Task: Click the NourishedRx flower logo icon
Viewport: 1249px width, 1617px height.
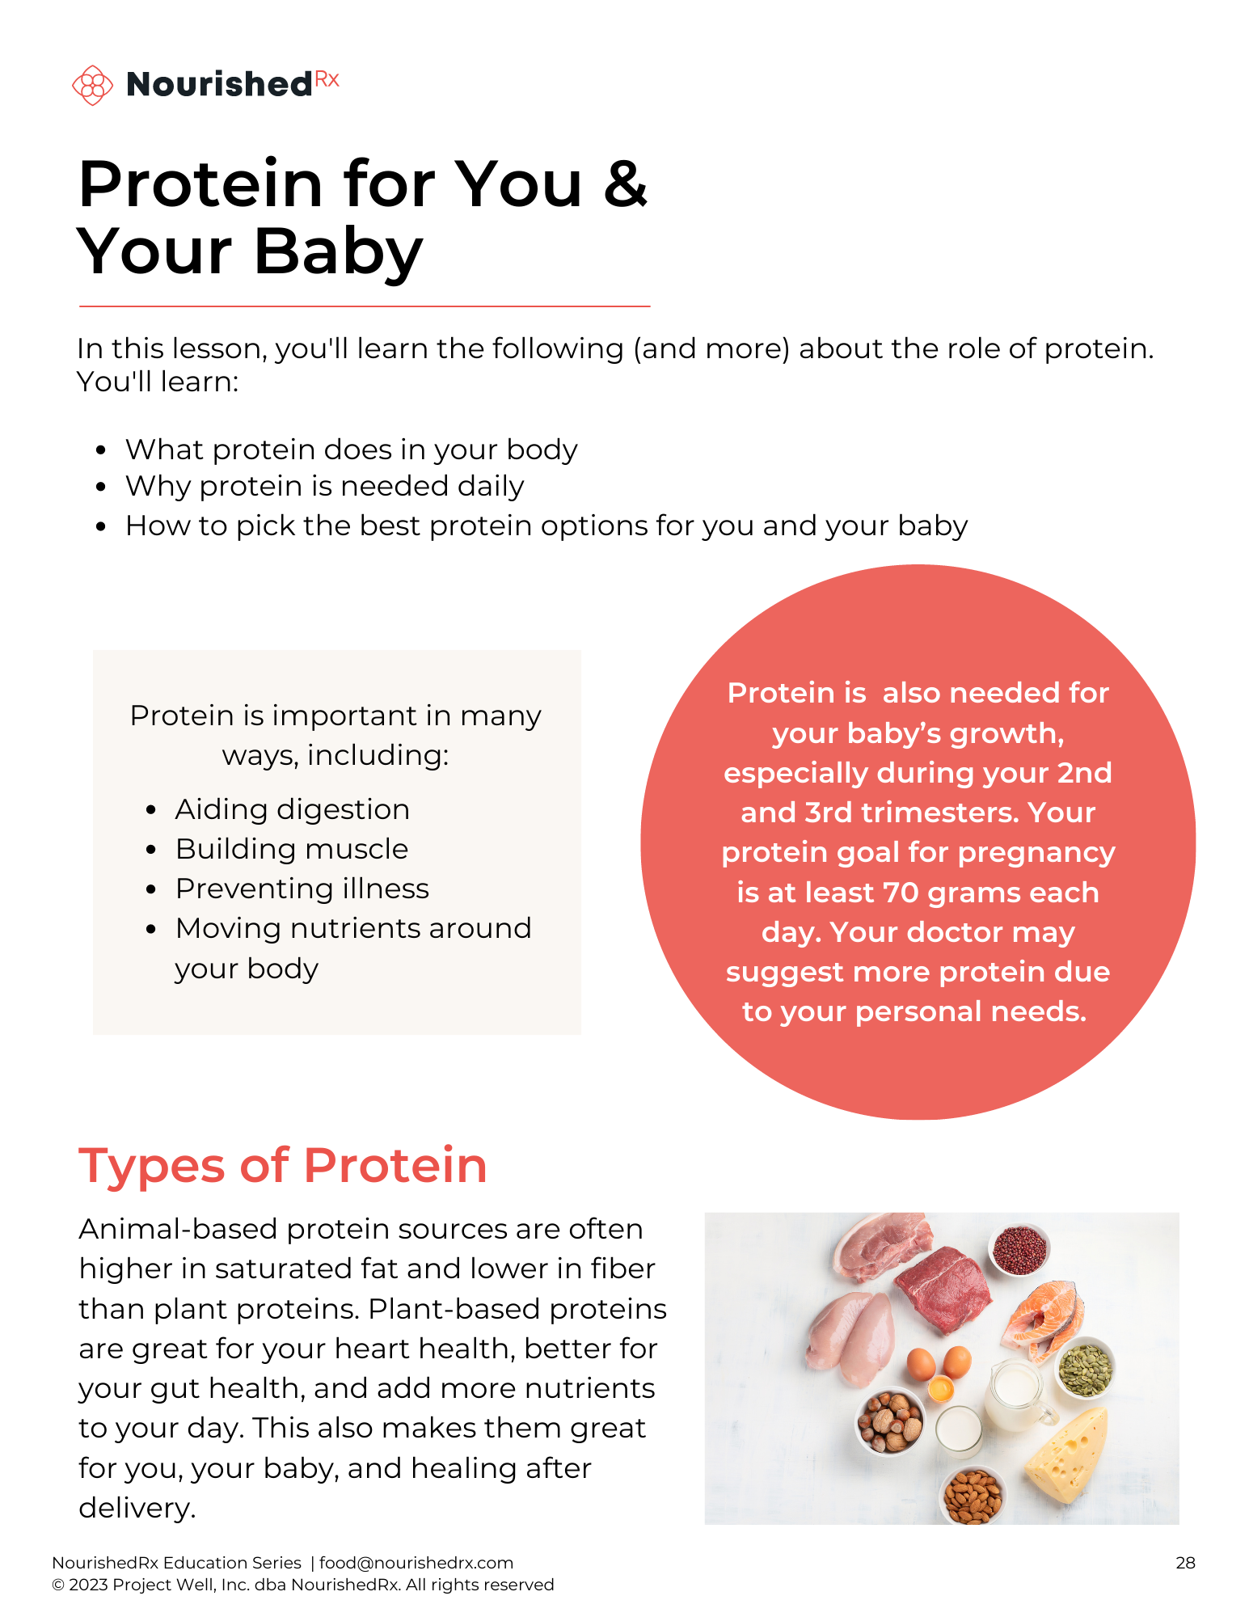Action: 93,85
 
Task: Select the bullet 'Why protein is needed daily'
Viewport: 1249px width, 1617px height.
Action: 324,487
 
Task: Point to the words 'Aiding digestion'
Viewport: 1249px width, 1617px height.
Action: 292,810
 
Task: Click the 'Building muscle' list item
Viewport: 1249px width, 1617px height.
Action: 292,850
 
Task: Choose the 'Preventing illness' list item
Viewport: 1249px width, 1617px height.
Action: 302,889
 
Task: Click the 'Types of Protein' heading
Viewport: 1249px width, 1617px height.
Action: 283,1166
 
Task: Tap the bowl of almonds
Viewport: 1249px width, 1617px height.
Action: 973,1495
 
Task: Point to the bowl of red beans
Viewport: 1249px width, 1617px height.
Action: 1019,1250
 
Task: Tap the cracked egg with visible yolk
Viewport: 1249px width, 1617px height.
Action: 940,1389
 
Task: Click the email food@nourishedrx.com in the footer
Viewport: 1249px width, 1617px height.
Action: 416,1563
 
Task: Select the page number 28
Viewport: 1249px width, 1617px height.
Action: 1185,1563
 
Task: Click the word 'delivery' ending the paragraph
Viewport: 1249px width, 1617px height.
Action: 135,1508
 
